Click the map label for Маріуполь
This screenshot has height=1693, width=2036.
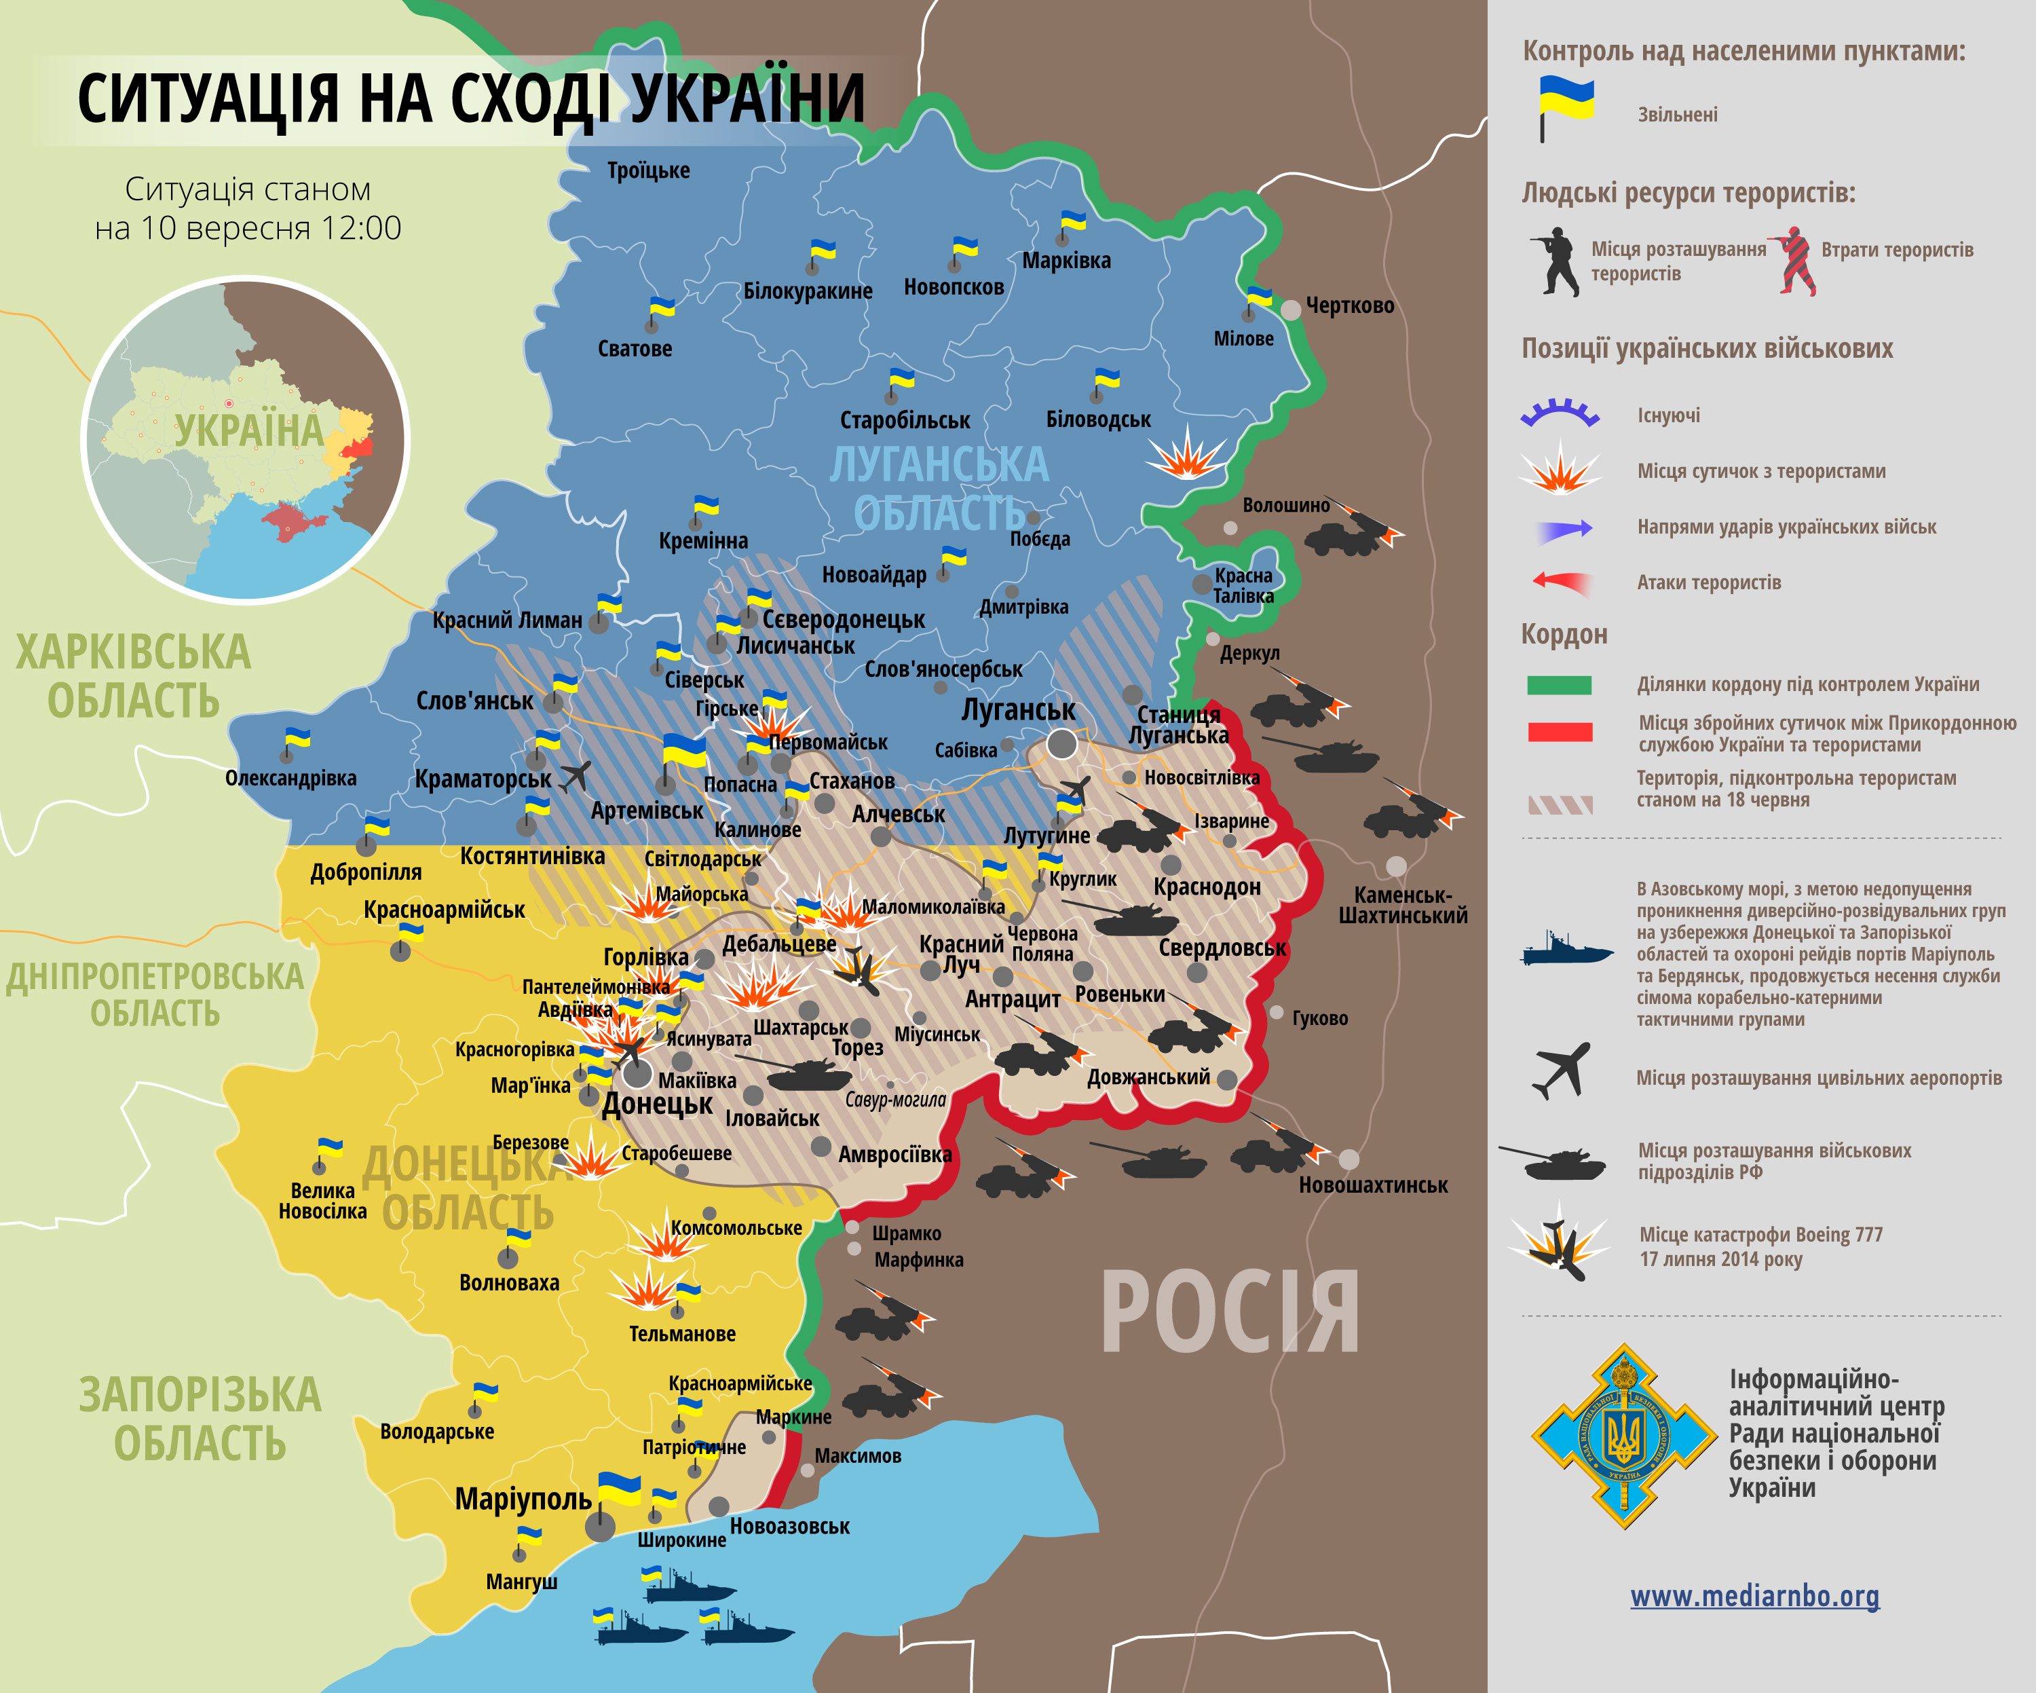[x=523, y=1499]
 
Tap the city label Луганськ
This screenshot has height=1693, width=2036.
[x=1018, y=710]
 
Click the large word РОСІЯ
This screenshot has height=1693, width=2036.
[x=1229, y=1314]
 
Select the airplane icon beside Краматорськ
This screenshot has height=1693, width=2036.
[x=576, y=776]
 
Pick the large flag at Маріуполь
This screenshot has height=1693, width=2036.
[x=618, y=1489]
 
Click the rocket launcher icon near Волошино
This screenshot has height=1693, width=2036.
[x=1353, y=528]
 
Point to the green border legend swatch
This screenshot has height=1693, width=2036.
[x=1559, y=684]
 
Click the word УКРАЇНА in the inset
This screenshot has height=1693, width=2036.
[x=248, y=430]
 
